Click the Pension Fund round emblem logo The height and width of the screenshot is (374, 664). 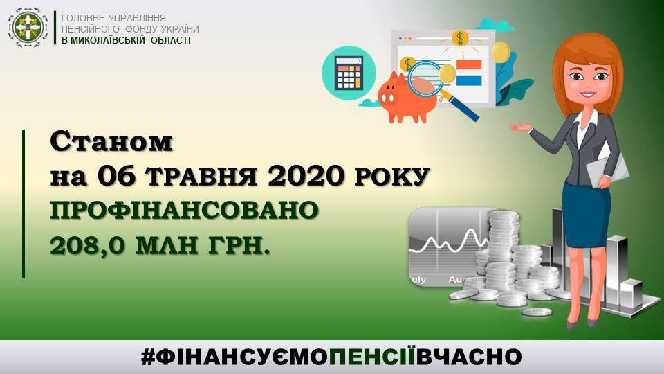pos(28,27)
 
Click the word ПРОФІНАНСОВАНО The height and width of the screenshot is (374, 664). pos(184,211)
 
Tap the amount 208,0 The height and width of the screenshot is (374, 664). pos(87,245)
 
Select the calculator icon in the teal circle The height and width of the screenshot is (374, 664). pos(349,73)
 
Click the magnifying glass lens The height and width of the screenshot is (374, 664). pos(425,78)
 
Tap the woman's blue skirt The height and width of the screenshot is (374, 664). pos(586,215)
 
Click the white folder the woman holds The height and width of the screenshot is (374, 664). pos(607,167)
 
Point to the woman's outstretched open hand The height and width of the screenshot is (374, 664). pos(520,127)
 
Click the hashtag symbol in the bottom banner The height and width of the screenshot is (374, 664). pos(149,357)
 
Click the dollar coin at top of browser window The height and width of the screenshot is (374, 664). pos(460,38)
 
